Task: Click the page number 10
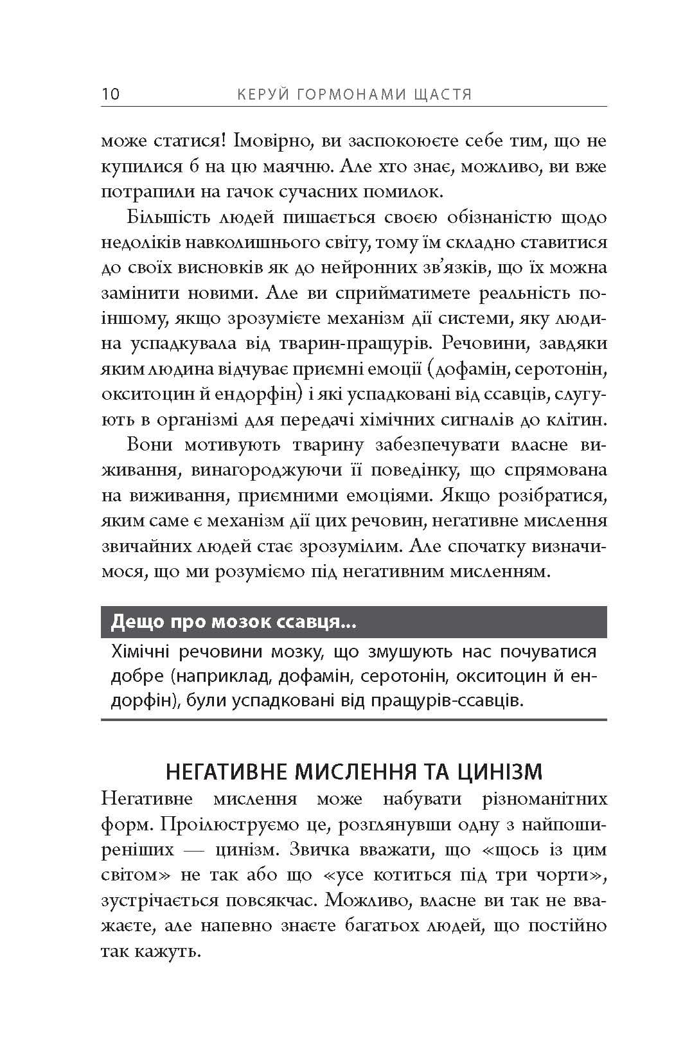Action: point(110,94)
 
